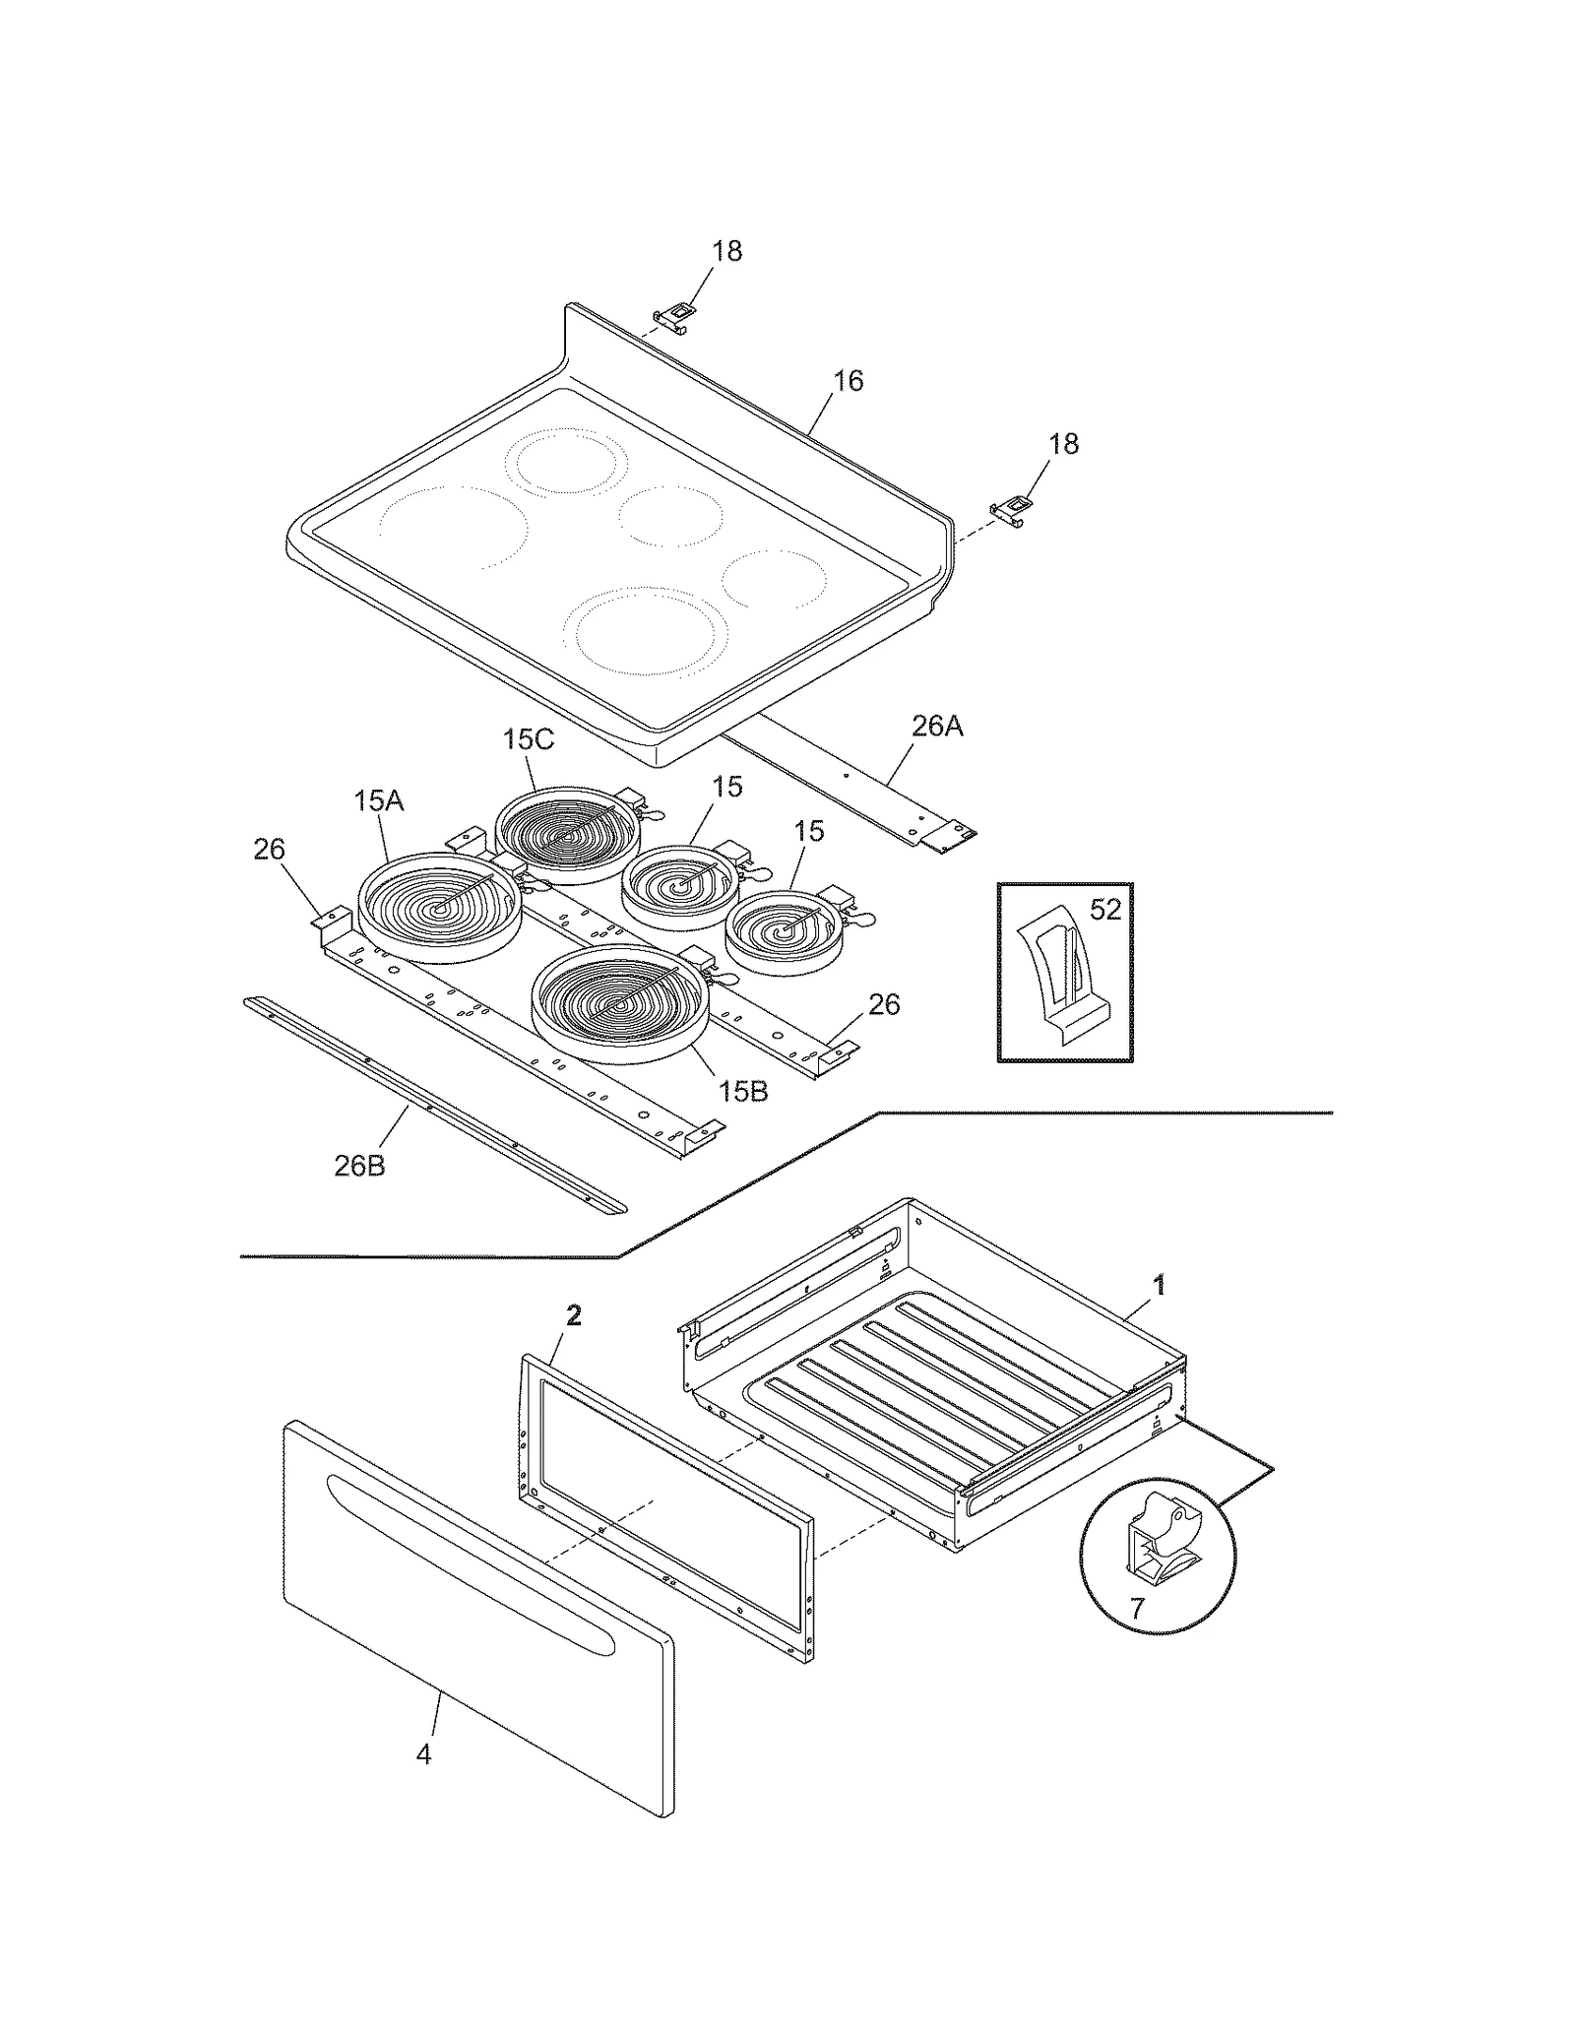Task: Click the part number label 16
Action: (848, 381)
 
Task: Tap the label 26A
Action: (936, 727)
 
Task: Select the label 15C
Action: (529, 738)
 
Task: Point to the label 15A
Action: (379, 800)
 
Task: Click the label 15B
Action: (742, 1091)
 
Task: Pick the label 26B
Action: (359, 1166)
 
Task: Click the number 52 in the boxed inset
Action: (1105, 910)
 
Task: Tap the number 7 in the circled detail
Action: (1137, 1609)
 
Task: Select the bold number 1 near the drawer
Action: (1160, 1284)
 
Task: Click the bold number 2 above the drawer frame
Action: (574, 1315)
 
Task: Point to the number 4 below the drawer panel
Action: (423, 1754)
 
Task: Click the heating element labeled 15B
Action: (620, 1004)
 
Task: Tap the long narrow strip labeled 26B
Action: (433, 1104)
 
